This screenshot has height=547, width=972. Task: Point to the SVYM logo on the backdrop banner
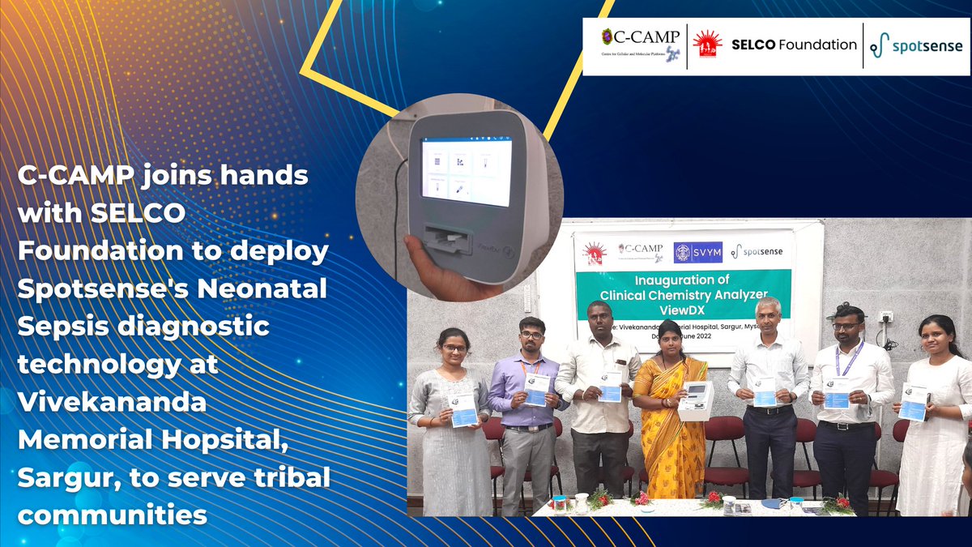698,251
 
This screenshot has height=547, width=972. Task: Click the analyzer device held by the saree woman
695,401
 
